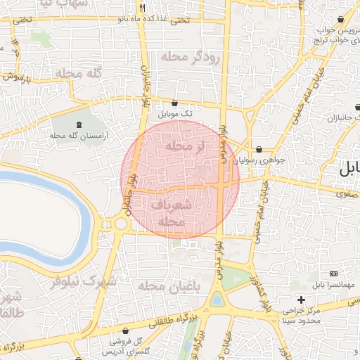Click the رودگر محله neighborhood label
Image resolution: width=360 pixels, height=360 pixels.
coord(189,57)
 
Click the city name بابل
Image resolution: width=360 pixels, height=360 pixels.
coord(349,169)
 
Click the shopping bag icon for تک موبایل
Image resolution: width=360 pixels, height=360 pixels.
coord(174,103)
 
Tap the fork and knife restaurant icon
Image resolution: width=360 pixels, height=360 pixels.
coord(142,8)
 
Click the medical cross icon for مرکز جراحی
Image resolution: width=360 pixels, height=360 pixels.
coord(301,300)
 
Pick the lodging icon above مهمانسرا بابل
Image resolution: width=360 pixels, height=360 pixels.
coord(333,274)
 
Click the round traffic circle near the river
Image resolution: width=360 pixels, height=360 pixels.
coord(120,224)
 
